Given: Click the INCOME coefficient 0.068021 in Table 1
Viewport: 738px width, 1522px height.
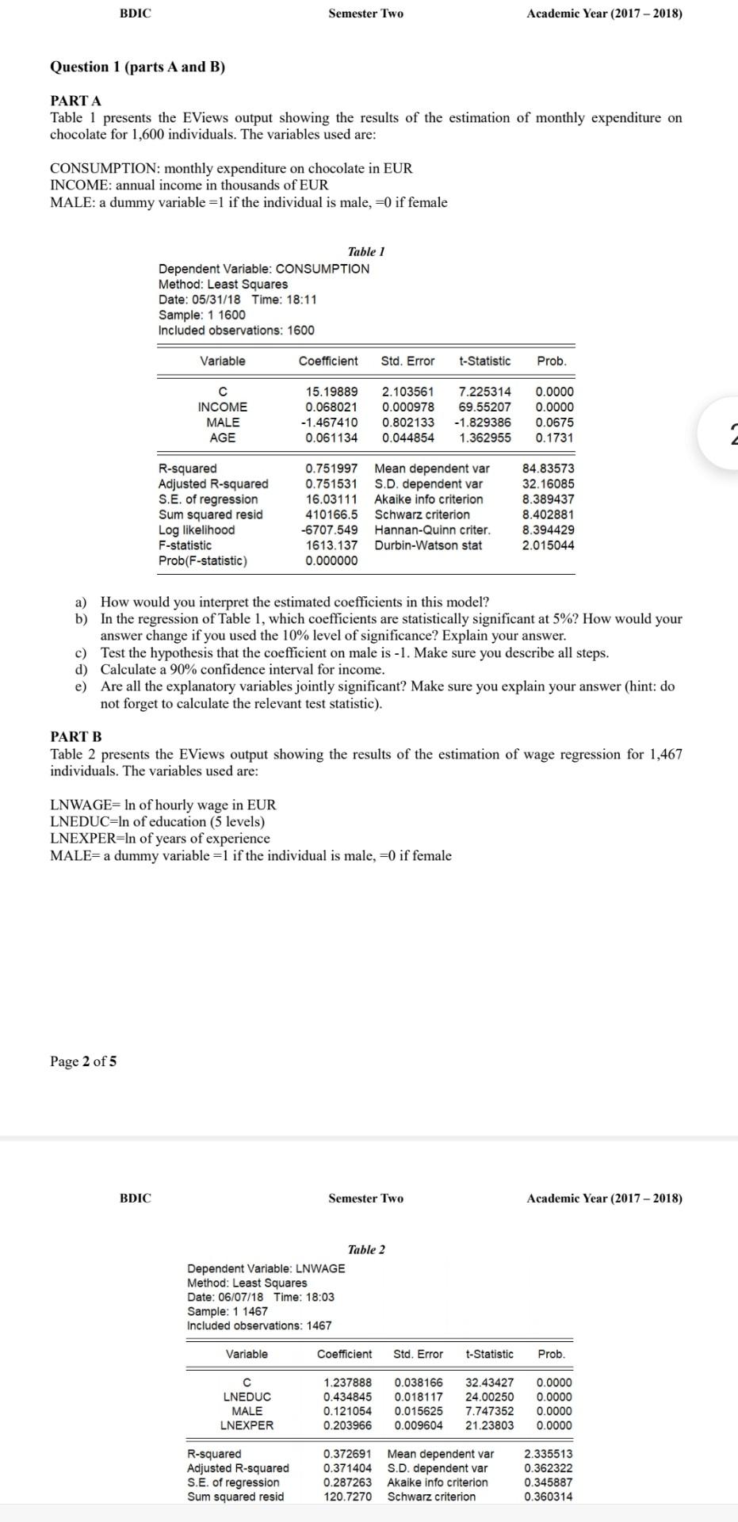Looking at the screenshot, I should point(331,407).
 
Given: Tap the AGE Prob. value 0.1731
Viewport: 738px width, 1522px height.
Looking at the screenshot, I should point(554,438).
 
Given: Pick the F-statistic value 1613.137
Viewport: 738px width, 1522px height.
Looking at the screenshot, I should point(331,545).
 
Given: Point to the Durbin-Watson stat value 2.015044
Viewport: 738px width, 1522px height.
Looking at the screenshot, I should point(548,545).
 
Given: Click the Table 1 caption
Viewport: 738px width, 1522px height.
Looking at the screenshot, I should point(366,251).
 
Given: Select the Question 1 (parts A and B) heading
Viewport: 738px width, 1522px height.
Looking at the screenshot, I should point(138,67).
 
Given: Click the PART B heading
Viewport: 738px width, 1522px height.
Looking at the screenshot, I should point(76,737).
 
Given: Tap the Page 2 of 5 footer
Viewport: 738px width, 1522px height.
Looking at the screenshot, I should point(83,1061).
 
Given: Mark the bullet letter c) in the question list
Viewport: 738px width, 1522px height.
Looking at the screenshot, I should point(81,653).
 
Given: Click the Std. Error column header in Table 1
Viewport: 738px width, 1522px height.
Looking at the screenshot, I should point(407,361).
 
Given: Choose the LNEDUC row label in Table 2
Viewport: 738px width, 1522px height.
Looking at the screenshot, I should point(247,1397).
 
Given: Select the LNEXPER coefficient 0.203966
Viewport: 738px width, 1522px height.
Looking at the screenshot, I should point(347,1425).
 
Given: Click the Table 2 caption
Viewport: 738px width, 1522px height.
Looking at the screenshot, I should point(366,1249).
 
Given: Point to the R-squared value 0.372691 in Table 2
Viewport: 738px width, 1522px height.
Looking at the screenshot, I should point(347,1454).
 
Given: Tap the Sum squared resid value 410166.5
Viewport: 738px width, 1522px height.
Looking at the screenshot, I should point(331,514).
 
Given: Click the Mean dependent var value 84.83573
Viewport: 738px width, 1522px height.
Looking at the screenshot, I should point(548,468).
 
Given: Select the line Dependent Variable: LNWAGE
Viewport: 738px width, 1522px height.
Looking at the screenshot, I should point(266,1268).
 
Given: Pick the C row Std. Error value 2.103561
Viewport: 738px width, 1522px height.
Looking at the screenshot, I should point(407,392).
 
